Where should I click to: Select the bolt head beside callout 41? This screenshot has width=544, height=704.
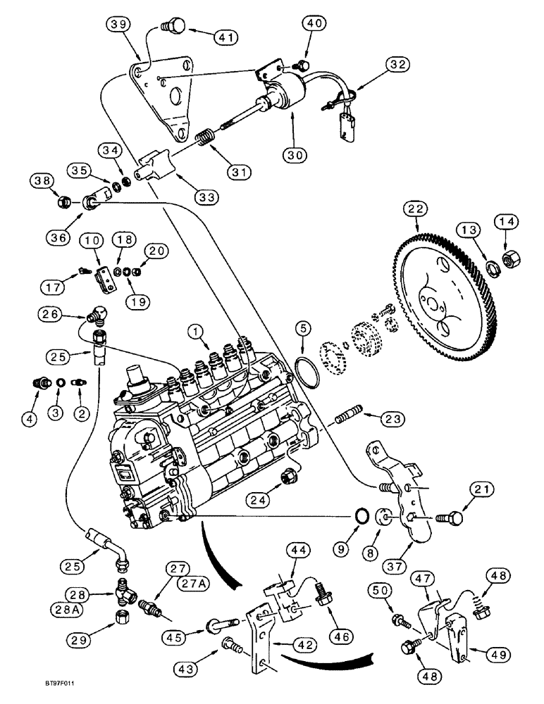tap(171, 26)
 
